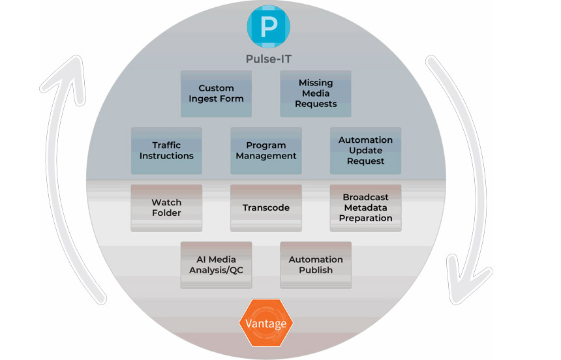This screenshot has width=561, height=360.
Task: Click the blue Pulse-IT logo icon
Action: (x=267, y=26)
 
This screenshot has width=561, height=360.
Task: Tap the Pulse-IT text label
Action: (x=268, y=59)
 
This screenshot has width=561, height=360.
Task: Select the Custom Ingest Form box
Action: (x=216, y=93)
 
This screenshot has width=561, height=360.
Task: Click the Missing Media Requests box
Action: (x=316, y=93)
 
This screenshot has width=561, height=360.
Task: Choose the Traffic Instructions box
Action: (x=166, y=151)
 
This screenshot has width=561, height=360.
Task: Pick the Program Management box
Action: (x=266, y=151)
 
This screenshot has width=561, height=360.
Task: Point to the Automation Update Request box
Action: (x=365, y=151)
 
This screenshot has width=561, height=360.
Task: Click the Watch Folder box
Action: (x=166, y=208)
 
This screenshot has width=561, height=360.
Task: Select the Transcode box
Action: (x=266, y=208)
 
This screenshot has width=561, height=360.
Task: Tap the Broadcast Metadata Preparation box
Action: (x=365, y=208)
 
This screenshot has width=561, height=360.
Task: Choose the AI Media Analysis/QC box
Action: (x=216, y=265)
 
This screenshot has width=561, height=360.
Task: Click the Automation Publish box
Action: (x=316, y=265)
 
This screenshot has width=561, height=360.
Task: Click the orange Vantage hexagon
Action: (x=265, y=323)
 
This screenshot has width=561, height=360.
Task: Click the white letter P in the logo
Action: (x=268, y=27)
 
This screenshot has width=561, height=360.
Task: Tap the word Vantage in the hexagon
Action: (x=265, y=323)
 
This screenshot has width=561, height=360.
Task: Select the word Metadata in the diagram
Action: (x=365, y=208)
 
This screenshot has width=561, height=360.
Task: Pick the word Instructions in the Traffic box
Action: (x=166, y=157)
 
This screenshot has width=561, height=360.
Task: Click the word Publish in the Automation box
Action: (x=316, y=270)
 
